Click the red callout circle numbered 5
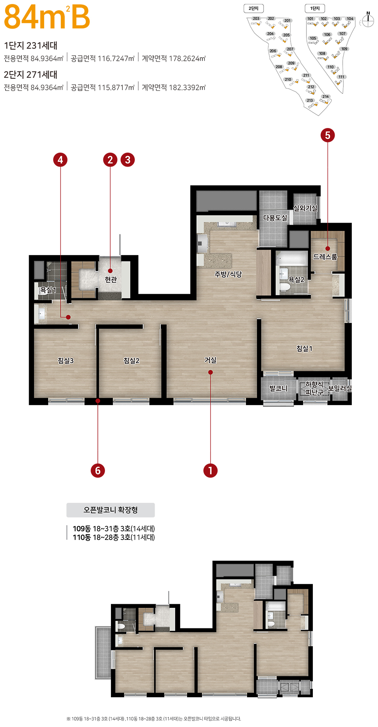click(x=328, y=135)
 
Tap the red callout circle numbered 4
click(x=60, y=160)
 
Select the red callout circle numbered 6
click(x=97, y=471)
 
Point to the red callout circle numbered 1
click(x=210, y=471)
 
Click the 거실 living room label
click(x=210, y=360)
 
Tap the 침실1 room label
click(x=304, y=349)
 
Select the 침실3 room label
click(x=66, y=361)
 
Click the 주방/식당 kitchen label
click(x=228, y=274)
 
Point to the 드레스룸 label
click(x=325, y=257)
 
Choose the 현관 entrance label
click(x=111, y=279)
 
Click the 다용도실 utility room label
click(x=275, y=218)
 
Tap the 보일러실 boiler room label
click(x=339, y=388)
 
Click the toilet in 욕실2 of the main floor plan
click(x=285, y=287)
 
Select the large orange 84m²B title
click(x=47, y=17)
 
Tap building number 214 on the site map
click(x=326, y=97)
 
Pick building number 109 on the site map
click(x=344, y=49)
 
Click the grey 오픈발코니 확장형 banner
click(x=110, y=510)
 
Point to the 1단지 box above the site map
click(x=315, y=8)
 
